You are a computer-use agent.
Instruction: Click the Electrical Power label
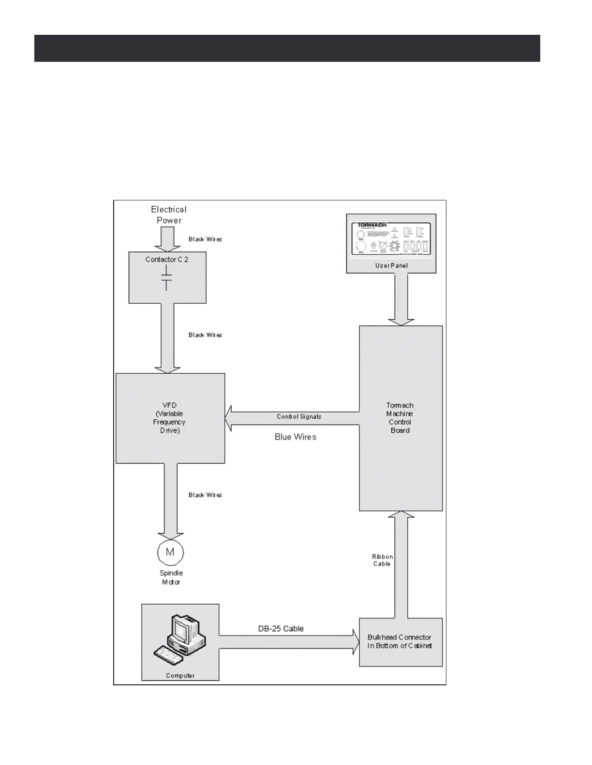tap(168, 215)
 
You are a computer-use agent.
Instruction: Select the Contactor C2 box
tap(167, 277)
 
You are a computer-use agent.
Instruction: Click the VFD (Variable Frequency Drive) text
tap(169, 418)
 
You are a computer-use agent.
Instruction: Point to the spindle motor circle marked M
tap(170, 552)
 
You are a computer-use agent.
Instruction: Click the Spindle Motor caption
tap(171, 578)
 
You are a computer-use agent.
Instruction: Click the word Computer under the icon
tap(180, 676)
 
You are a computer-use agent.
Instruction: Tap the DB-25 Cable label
tap(281, 628)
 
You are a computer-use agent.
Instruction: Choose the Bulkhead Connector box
tap(400, 642)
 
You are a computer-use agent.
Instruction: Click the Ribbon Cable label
tap(382, 560)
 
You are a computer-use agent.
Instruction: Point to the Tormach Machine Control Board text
tap(400, 418)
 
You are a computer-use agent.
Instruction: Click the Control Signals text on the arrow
tap(299, 417)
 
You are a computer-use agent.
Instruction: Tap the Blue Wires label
tap(296, 437)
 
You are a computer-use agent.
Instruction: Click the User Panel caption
tap(391, 266)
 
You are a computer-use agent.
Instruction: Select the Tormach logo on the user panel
tap(372, 225)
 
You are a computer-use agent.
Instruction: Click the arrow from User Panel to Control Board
tap(401, 299)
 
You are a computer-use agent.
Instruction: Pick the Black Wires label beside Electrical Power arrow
tap(205, 239)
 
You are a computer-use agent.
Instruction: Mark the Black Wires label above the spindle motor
tap(205, 495)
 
